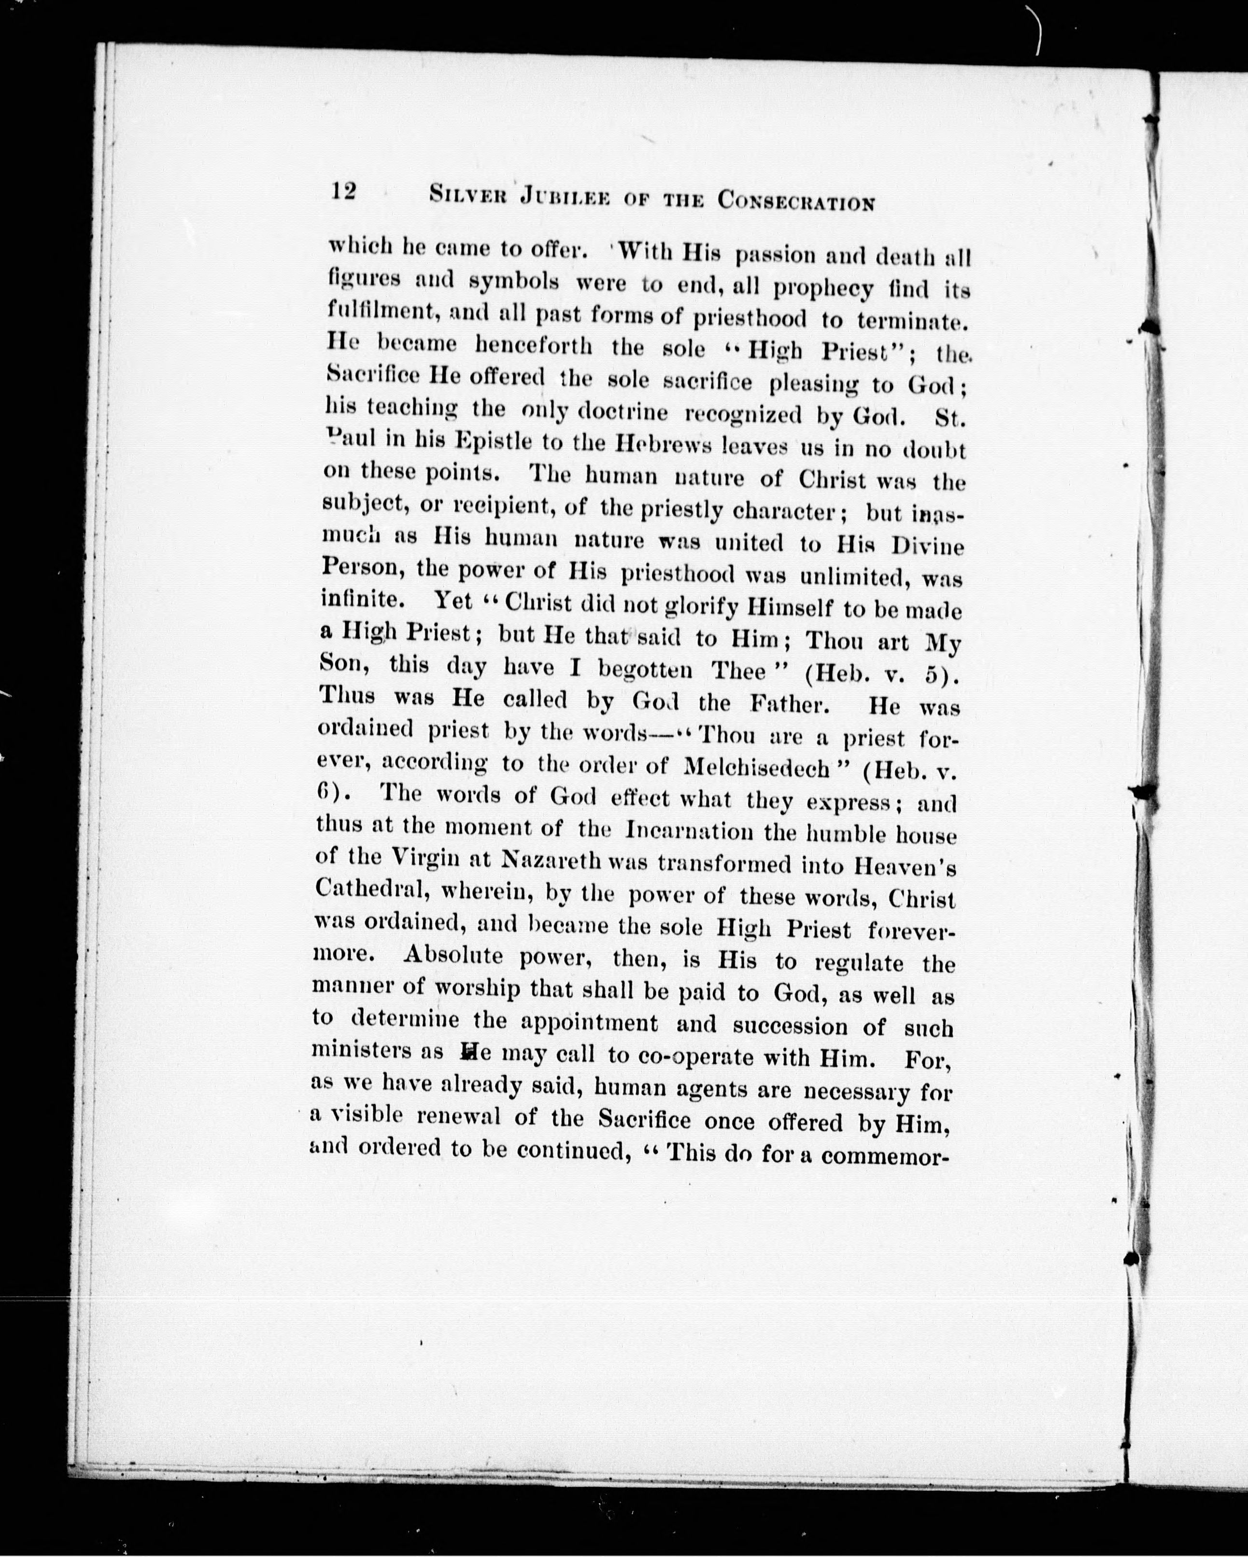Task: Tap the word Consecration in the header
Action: (795, 201)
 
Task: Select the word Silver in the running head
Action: (459, 196)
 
